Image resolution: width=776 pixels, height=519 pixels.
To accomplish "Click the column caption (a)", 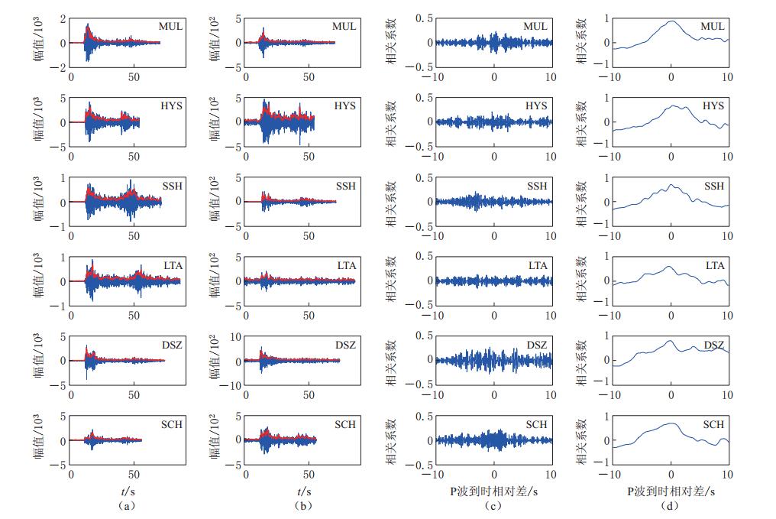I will (127, 505).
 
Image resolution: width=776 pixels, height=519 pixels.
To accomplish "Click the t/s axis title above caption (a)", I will (127, 491).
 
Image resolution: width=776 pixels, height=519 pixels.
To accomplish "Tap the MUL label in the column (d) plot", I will (713, 27).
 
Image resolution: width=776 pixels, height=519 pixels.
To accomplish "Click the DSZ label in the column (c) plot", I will (536, 345).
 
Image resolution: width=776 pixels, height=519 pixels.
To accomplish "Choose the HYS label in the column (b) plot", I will (344, 106).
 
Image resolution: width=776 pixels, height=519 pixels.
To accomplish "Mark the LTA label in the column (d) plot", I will (714, 266).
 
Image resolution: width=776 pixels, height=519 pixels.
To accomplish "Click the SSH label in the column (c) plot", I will (537, 187).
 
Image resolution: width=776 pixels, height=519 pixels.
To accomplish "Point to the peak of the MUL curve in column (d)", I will (671, 21).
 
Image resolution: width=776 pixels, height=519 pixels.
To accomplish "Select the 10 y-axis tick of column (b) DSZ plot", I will (234, 336).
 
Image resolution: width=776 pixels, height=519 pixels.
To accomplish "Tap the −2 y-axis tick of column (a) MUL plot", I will (60, 67).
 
